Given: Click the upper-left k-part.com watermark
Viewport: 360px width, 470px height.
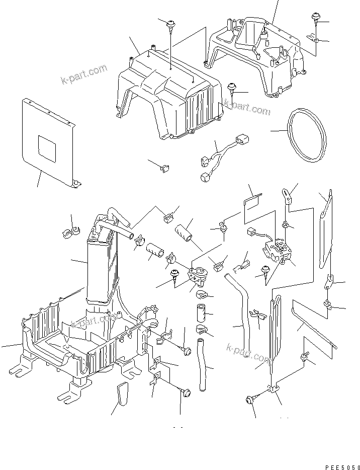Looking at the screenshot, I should coord(84,73).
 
